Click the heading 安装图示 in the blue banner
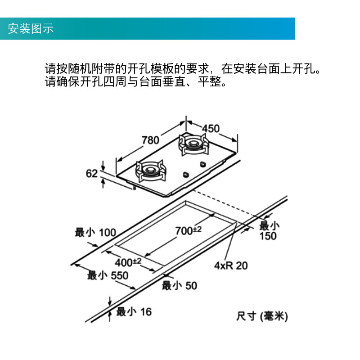click(x=31, y=29)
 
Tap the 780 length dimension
click(x=150, y=140)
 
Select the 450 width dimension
click(x=211, y=129)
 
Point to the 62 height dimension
click(x=92, y=173)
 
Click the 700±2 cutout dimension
click(x=188, y=230)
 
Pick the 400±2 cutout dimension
click(x=128, y=261)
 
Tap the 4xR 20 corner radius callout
click(x=231, y=265)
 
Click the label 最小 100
click(x=95, y=233)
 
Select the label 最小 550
click(x=108, y=275)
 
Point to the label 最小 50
click(x=179, y=285)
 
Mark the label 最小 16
click(x=134, y=311)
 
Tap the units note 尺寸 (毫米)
click(x=262, y=316)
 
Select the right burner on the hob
click(x=194, y=144)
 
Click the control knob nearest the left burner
click(x=185, y=173)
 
